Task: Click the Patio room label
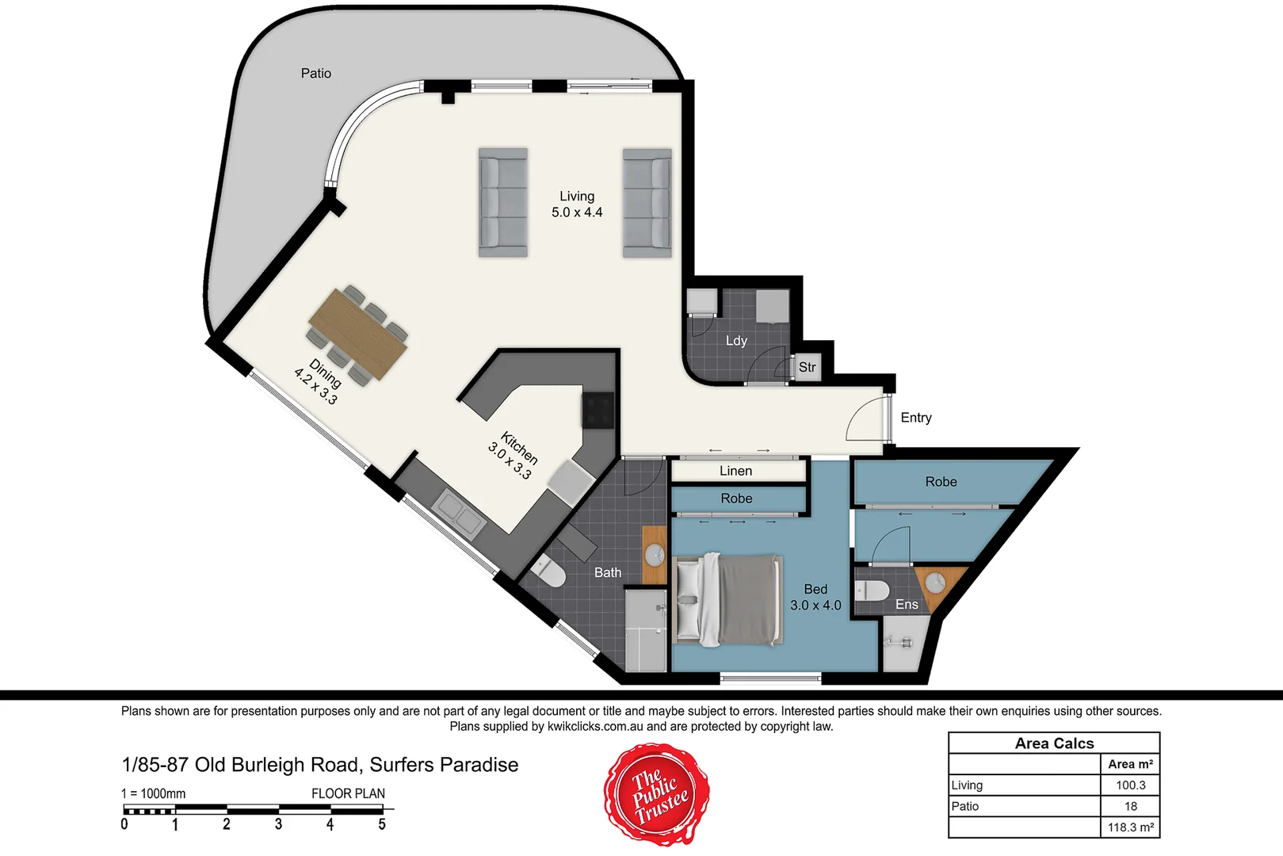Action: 315,74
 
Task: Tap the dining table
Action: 358,334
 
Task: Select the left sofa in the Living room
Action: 502,202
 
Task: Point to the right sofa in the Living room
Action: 647,203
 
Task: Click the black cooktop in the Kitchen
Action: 598,411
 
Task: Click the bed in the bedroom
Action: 727,600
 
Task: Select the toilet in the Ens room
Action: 873,591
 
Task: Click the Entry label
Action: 916,418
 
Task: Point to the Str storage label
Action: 807,367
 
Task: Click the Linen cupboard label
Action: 735,471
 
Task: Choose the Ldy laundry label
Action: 736,341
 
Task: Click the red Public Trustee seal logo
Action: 657,794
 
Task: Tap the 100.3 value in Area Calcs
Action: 1130,785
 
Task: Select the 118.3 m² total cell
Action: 1130,827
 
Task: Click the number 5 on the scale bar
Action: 382,825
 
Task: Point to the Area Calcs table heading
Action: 1054,743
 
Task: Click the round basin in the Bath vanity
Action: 655,554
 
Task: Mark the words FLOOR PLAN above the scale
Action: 348,793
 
